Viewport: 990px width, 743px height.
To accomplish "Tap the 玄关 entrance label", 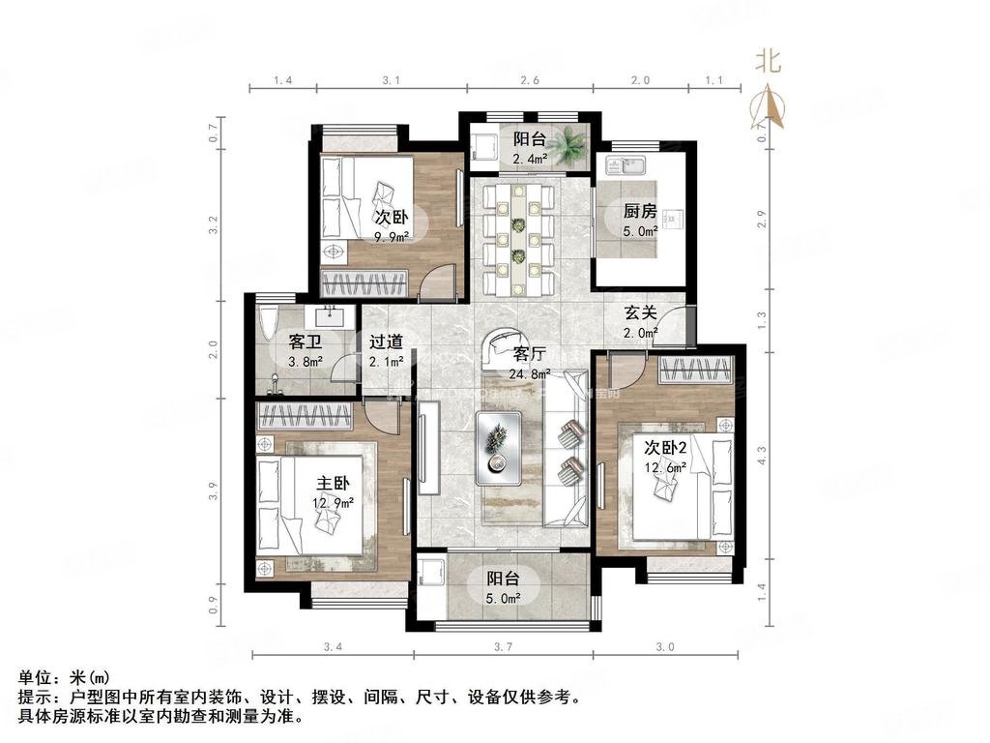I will point(640,313).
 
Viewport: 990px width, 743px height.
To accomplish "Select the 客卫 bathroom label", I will point(306,342).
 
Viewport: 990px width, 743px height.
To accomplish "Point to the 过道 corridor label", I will point(385,342).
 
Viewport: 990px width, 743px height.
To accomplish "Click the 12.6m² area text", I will point(666,467).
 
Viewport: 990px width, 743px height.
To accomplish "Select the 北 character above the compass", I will point(769,62).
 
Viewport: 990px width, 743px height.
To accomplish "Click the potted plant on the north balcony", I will point(574,142).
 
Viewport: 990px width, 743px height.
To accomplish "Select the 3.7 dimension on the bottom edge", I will point(503,646).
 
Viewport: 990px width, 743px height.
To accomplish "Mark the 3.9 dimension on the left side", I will point(214,492).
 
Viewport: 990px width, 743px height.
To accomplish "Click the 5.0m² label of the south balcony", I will point(503,598).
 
